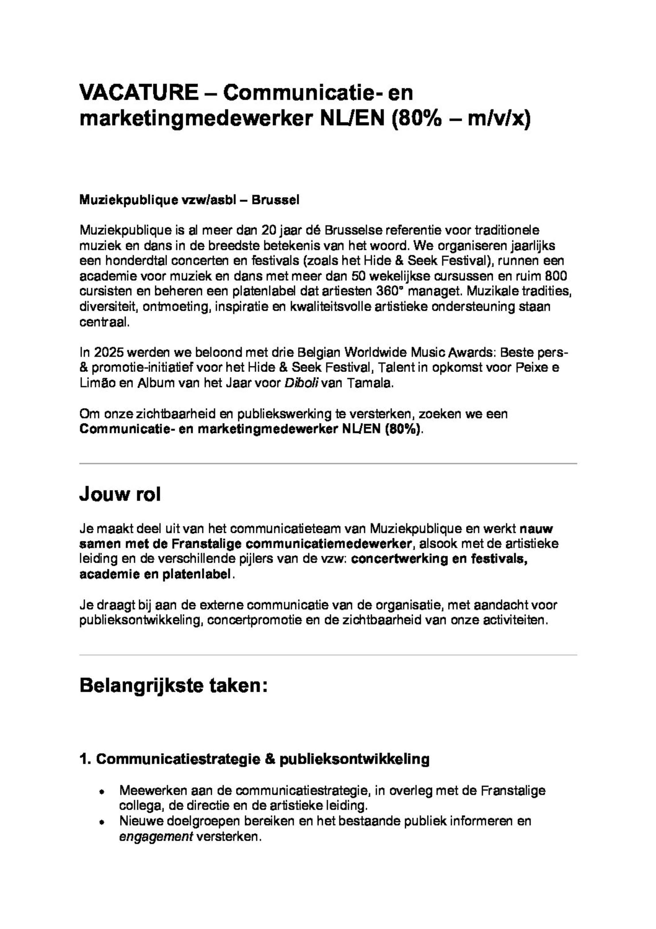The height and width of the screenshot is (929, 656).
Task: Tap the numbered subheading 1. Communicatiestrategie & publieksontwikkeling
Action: [x=254, y=759]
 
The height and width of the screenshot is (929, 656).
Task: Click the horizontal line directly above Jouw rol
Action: [x=328, y=464]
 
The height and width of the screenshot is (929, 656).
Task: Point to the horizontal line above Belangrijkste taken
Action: [x=328, y=655]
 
